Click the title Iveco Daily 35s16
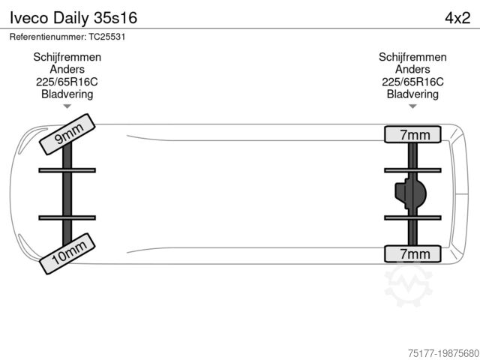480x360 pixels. pos(73,18)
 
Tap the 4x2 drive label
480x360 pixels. pos(457,18)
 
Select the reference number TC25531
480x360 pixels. pos(107,37)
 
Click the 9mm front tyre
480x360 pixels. pos(67,134)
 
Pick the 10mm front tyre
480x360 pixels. pos(67,253)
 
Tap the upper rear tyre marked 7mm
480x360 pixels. pos(412,134)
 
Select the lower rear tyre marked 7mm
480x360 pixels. pos(412,253)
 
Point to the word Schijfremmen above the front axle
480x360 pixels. pos(67,57)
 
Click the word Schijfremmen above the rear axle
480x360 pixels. pos(412,57)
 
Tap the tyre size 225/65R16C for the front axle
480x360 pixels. pos(67,82)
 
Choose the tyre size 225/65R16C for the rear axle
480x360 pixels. pos(412,82)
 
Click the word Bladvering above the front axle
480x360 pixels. pos(67,94)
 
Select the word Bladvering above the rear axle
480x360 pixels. pos(412,94)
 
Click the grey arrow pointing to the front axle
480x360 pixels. pos(67,106)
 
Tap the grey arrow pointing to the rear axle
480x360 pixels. pos(412,106)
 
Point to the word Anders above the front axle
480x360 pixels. pos(67,70)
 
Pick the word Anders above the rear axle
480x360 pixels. pos(412,70)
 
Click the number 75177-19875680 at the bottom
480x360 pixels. pos(443,353)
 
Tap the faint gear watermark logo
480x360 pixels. pos(408,284)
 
